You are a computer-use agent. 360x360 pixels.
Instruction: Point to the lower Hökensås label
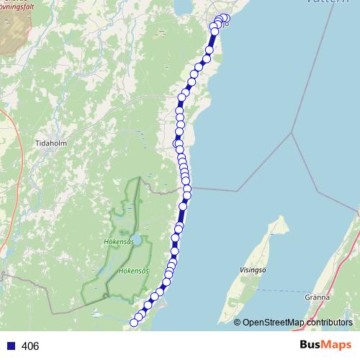pyautogui.click(x=134, y=271)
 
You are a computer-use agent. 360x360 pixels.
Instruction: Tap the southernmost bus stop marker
pyautogui.click(x=133, y=322)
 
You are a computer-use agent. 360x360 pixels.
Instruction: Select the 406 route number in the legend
pyautogui.click(x=30, y=346)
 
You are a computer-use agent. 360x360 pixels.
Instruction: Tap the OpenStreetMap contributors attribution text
pyautogui.click(x=292, y=323)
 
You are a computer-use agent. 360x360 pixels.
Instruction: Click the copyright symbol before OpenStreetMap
pyautogui.click(x=237, y=323)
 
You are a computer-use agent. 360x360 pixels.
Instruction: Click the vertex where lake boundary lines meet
pyautogui.click(x=292, y=132)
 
